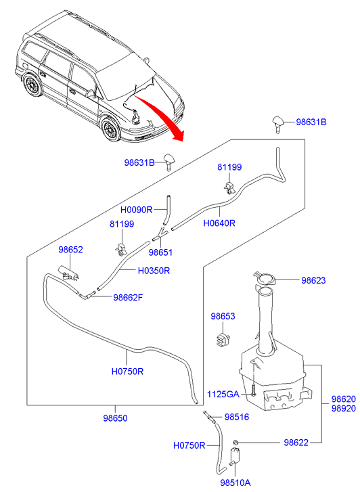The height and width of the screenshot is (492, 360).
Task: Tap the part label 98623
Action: [313, 280]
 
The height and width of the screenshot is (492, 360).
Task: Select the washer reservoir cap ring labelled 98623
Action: [265, 278]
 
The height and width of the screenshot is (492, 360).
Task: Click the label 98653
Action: [223, 316]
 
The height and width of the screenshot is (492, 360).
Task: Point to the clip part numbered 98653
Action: [223, 340]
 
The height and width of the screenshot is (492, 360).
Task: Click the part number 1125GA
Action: [223, 394]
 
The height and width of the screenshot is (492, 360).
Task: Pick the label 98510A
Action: [235, 483]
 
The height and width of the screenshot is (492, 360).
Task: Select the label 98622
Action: [296, 443]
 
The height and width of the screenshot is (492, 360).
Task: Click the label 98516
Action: [237, 417]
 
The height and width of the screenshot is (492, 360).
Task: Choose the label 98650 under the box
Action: [115, 418]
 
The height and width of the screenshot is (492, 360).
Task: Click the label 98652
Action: [70, 250]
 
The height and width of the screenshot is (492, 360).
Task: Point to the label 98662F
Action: [128, 297]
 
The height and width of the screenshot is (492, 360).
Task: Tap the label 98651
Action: [160, 252]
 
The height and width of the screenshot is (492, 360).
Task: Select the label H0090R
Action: [136, 210]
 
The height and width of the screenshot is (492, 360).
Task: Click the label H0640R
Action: [219, 223]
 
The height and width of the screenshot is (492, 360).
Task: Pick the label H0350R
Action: [154, 271]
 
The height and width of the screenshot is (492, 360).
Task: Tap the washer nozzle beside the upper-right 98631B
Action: [278, 122]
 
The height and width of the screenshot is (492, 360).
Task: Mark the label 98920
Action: [344, 409]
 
